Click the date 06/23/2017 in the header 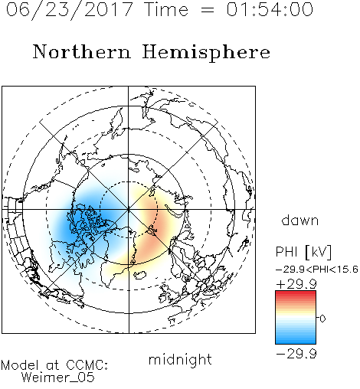70,10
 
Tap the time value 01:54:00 270,9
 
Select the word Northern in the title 82,52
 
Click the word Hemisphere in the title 206,53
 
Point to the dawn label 299,220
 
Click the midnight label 180,359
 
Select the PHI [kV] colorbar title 304,252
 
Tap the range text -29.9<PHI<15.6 317,269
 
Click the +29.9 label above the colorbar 296,284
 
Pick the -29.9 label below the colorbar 296,354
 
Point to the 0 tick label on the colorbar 322,319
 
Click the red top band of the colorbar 296,293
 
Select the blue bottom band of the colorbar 296,341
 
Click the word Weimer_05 58,378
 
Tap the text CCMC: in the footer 87,365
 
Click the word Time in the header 166,9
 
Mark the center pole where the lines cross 129,209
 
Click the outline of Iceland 140,275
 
